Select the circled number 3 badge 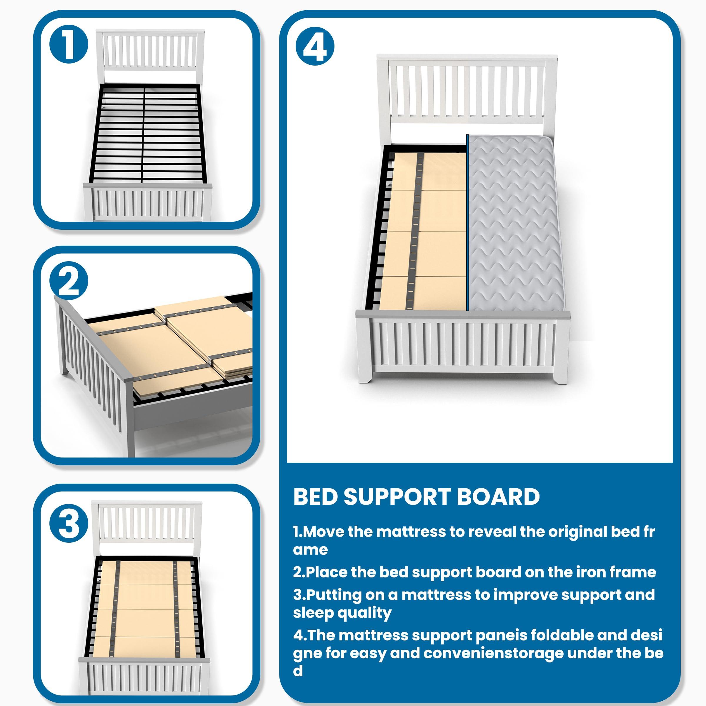pyautogui.click(x=69, y=524)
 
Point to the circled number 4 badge pyautogui.click(x=315, y=46)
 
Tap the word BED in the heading pyautogui.click(x=315, y=497)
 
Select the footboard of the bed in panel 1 pyautogui.click(x=148, y=203)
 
